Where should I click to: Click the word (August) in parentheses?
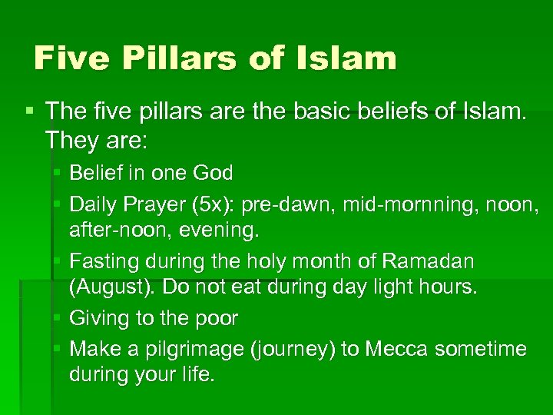(108, 288)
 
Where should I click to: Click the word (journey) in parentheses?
(293, 349)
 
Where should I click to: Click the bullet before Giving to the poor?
(58, 317)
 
